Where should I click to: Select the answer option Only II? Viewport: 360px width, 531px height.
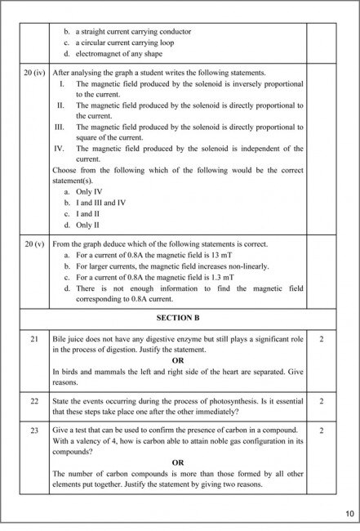click(89, 224)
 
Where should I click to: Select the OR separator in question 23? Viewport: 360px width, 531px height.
click(178, 462)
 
